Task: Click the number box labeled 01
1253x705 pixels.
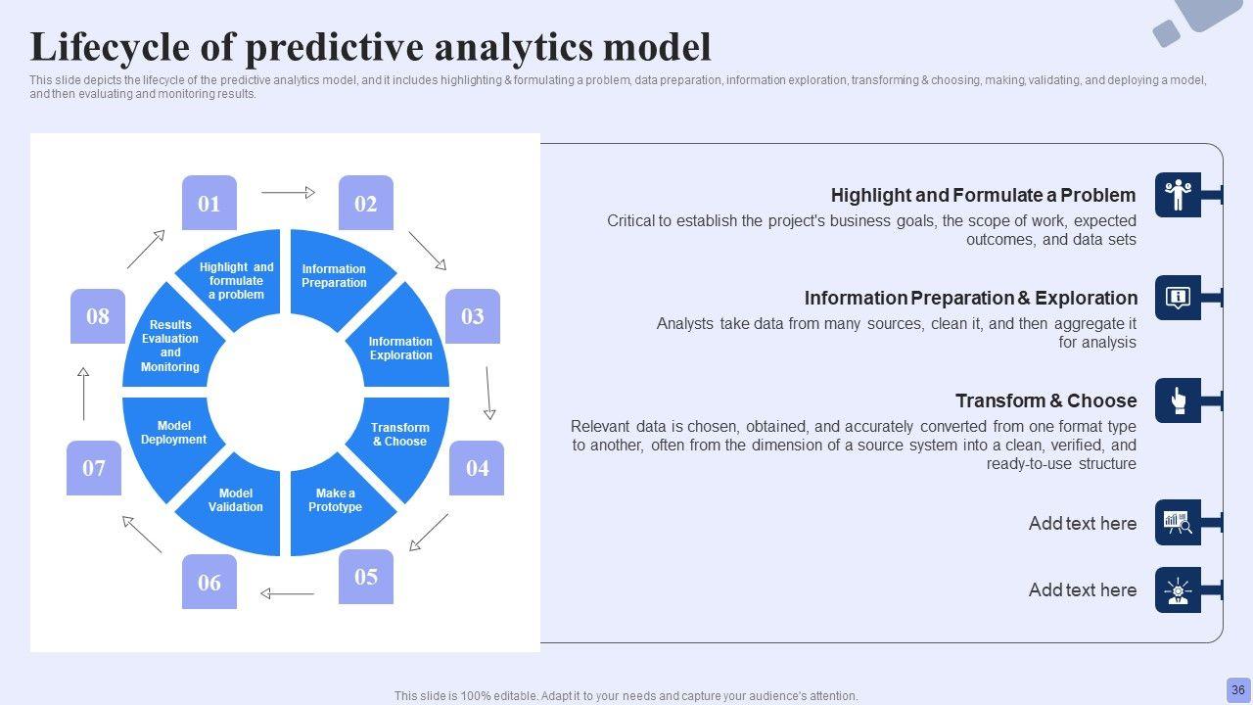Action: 209,203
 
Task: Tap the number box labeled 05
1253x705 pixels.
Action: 366,576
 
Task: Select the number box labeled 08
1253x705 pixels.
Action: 98,315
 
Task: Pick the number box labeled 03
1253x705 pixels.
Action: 473,315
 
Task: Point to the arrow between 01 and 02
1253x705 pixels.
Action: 289,193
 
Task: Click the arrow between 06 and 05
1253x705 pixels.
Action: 287,592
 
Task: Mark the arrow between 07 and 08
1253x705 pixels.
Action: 83,394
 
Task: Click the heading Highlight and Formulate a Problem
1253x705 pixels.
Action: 983,195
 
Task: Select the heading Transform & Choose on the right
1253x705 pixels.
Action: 1045,400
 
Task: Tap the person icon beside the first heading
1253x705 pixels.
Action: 1178,195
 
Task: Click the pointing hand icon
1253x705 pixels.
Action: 1178,400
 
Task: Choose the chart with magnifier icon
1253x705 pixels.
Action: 1178,523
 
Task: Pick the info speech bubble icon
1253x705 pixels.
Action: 1178,298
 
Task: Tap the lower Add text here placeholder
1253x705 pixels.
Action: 1082,590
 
